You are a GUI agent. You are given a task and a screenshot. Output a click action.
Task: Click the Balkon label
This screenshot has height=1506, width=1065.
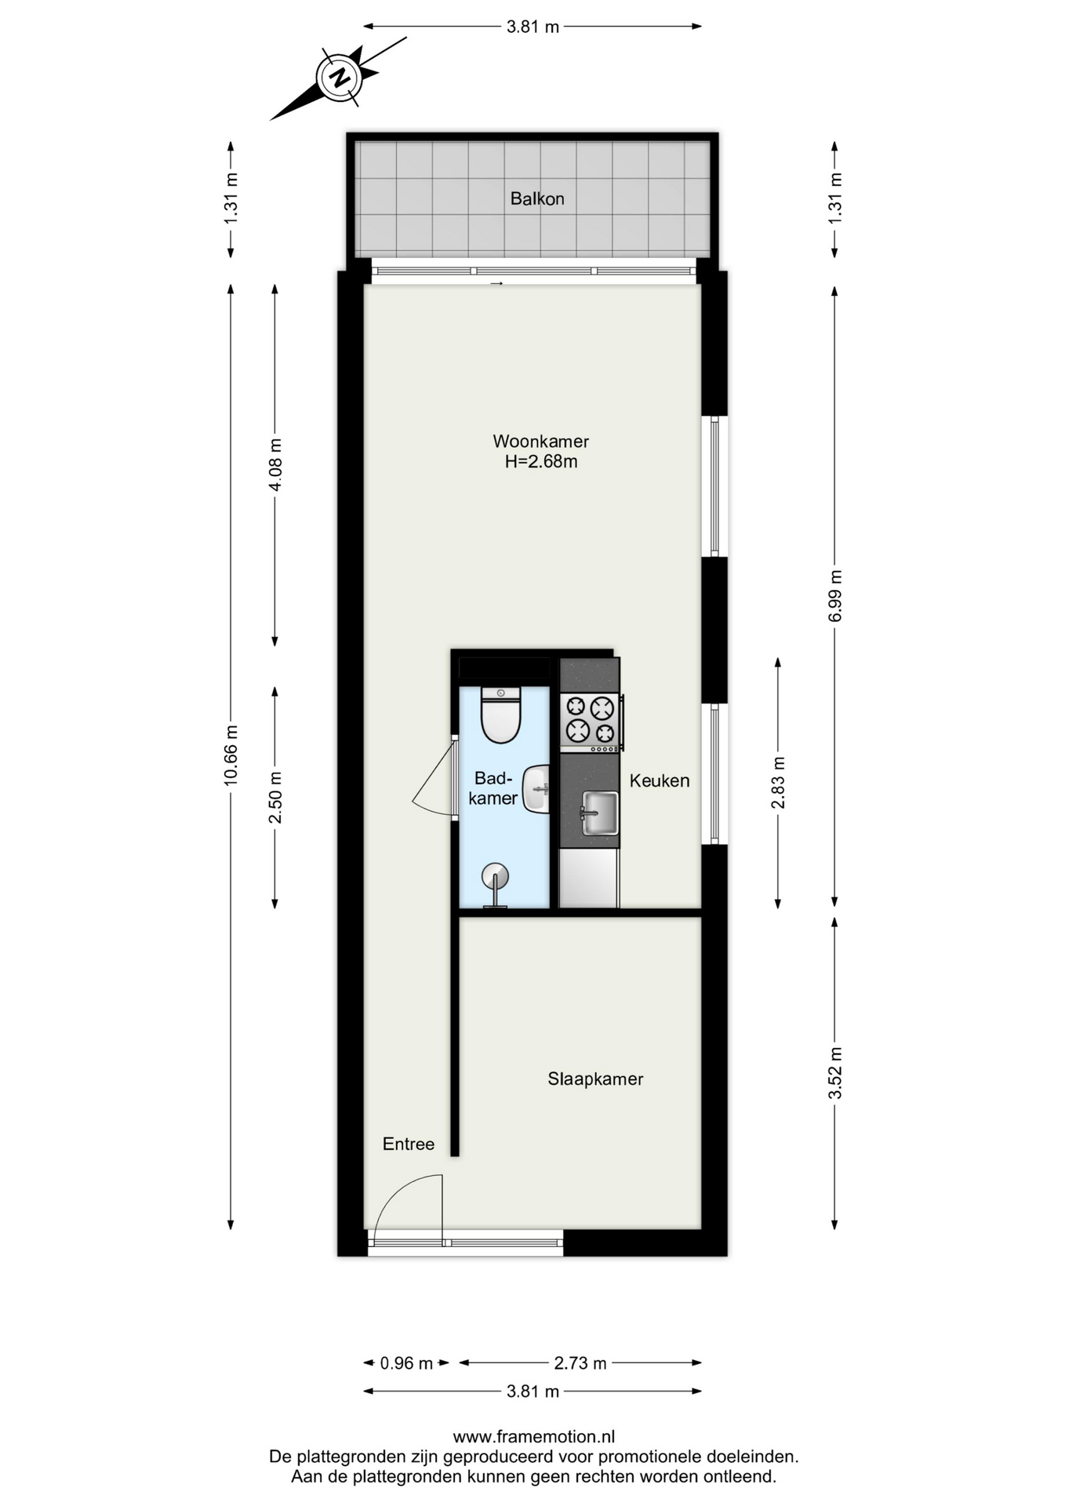coord(537,198)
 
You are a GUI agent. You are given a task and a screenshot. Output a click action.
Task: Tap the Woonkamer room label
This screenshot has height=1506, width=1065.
coord(540,441)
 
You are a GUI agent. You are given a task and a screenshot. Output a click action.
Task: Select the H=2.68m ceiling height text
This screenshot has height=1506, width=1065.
coord(541,461)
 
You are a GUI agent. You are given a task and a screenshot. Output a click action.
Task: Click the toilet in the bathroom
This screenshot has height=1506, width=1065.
coord(501,715)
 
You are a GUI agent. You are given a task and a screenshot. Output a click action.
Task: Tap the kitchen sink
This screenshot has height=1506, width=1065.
coord(599,813)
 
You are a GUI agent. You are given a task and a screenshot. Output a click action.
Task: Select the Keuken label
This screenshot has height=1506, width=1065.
coord(660,780)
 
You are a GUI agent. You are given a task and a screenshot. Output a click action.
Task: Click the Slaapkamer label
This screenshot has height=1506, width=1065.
coord(595,1079)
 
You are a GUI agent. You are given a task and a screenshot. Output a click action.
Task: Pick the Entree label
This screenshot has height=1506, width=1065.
coord(409,1144)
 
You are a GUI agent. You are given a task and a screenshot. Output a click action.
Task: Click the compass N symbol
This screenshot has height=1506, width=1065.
coord(339,78)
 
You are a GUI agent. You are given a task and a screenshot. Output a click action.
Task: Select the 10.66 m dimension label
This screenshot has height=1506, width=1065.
coord(231,755)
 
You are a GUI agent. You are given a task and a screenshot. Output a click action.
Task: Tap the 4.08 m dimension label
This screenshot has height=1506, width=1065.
coord(275,465)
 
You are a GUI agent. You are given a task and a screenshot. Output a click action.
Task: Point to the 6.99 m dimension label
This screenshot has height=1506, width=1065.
coord(835,596)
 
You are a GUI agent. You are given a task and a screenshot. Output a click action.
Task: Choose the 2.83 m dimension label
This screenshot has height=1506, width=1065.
coord(778,783)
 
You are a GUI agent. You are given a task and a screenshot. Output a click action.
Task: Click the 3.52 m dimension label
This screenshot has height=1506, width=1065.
coord(835,1073)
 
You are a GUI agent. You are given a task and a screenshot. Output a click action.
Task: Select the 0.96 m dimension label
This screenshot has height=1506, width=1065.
coord(406,1363)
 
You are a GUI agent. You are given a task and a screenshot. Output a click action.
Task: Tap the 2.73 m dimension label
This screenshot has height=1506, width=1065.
coord(580,1363)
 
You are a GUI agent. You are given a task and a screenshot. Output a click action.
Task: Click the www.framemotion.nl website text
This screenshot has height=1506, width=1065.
coord(533,1437)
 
